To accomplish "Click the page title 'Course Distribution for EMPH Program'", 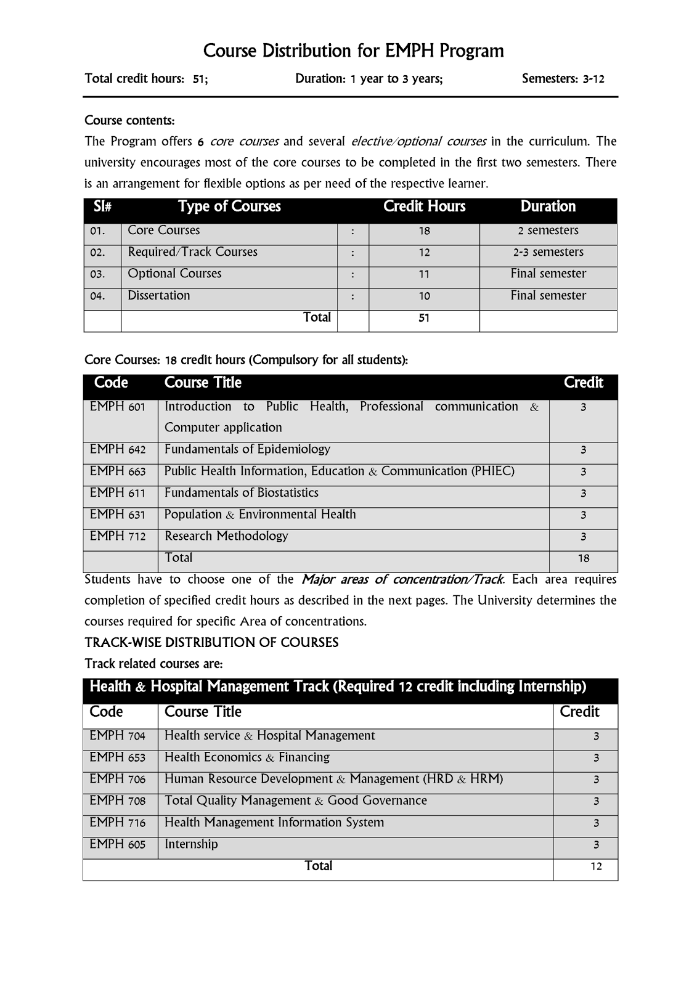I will (x=353, y=51).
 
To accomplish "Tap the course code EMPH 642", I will (x=118, y=450).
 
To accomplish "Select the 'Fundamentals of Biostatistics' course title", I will (x=242, y=493).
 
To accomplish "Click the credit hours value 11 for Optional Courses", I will (x=424, y=274).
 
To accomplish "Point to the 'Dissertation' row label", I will (x=159, y=296).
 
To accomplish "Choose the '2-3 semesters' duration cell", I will (x=548, y=253).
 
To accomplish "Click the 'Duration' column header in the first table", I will (x=548, y=206).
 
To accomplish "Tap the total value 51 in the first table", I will (x=424, y=318).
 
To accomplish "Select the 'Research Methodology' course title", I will (x=226, y=536).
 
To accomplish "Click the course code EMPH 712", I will (x=118, y=536).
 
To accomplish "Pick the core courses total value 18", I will (x=583, y=558).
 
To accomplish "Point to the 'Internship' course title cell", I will (x=191, y=844).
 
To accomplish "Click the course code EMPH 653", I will (x=117, y=758).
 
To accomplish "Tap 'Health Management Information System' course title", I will (x=274, y=823).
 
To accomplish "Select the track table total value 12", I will (x=596, y=866).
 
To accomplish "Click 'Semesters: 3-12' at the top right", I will (x=563, y=79).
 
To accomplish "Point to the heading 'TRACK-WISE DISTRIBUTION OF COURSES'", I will (x=211, y=643).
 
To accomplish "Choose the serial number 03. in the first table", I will (x=97, y=274).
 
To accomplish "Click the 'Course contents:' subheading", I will (x=129, y=120).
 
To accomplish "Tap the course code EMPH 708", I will (x=117, y=801).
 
